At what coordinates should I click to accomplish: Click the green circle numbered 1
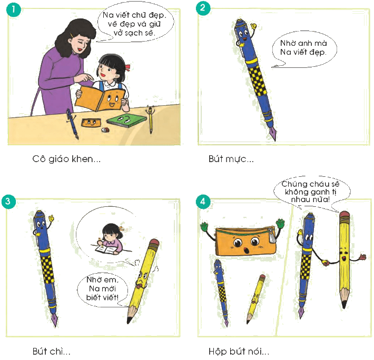pyautogui.click(x=13, y=9)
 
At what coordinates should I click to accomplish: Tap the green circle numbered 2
pyautogui.click(x=203, y=8)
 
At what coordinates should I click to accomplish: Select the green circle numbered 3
pyautogui.click(x=8, y=202)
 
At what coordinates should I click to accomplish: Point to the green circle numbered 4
pyautogui.click(x=203, y=202)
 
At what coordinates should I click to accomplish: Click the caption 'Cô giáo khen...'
pyautogui.click(x=66, y=159)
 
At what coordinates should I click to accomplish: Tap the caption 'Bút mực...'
pyautogui.click(x=231, y=159)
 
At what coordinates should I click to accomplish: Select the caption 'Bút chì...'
pyautogui.click(x=51, y=351)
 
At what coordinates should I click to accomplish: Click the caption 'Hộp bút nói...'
pyautogui.click(x=239, y=351)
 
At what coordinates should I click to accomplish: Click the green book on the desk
pyautogui.click(x=126, y=120)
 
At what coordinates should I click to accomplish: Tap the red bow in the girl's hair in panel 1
pyautogui.click(x=128, y=68)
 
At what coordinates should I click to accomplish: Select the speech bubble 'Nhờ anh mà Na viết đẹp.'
pyautogui.click(x=304, y=49)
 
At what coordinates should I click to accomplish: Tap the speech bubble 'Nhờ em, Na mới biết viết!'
pyautogui.click(x=103, y=289)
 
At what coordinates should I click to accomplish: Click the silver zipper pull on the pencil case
pyautogui.click(x=272, y=236)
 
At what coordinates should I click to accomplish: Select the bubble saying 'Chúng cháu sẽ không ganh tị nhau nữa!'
pyautogui.click(x=311, y=192)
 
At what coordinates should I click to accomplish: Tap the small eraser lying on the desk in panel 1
pyautogui.click(x=105, y=130)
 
